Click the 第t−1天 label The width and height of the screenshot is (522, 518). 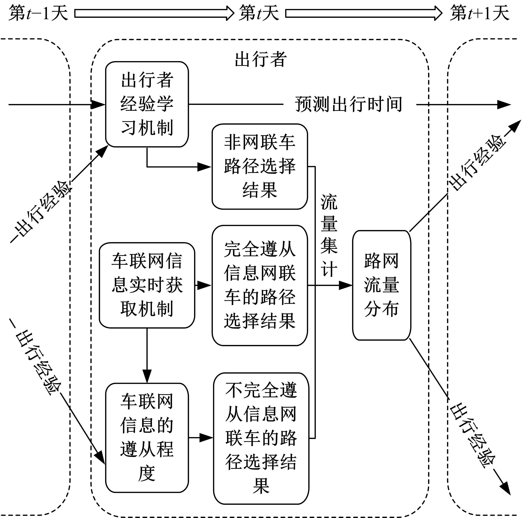click(38, 13)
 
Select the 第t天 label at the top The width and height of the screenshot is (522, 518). click(259, 13)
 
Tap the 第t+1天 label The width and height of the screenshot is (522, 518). click(480, 13)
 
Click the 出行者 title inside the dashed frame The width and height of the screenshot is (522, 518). click(260, 59)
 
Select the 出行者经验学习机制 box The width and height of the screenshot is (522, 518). click(147, 104)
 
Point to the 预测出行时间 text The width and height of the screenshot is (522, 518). click(349, 104)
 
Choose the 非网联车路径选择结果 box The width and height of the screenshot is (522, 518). click(260, 167)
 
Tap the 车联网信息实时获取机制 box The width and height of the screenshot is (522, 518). click(147, 285)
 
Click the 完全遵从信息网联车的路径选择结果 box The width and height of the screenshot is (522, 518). click(260, 285)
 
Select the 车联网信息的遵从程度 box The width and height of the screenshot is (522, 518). click(147, 437)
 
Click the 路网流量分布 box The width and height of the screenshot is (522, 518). click(382, 285)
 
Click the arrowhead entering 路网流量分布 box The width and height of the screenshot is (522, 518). click(346, 285)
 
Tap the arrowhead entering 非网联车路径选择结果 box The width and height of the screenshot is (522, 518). click(204, 167)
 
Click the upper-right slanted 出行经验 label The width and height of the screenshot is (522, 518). click(477, 162)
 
